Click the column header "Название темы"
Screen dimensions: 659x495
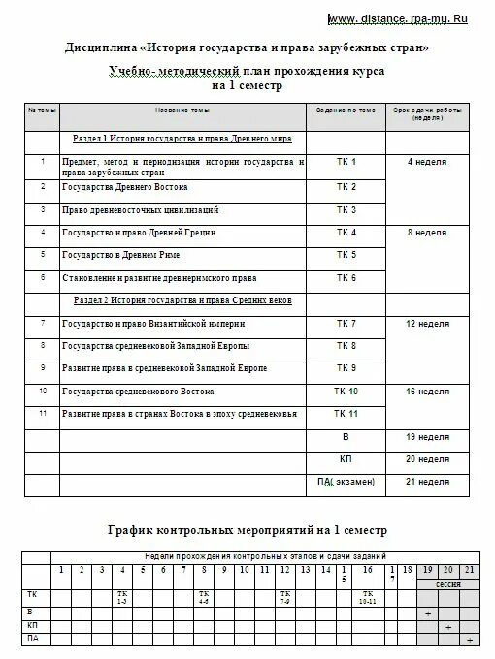point(181,111)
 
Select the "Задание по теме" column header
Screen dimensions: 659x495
point(346,111)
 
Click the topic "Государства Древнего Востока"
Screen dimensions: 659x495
point(125,186)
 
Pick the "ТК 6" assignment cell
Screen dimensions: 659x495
point(346,278)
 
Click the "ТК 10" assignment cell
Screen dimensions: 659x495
point(346,392)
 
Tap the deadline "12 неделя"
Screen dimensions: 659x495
point(427,323)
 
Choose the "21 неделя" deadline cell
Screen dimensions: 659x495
point(427,481)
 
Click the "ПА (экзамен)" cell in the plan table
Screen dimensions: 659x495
point(345,482)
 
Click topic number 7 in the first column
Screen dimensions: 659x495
point(42,323)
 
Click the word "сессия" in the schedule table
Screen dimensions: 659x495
point(447,586)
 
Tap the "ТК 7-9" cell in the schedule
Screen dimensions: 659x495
point(285,596)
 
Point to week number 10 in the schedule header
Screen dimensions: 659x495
point(244,570)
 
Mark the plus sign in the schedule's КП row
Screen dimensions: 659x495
point(447,628)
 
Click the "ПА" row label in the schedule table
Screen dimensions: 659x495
point(34,640)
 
